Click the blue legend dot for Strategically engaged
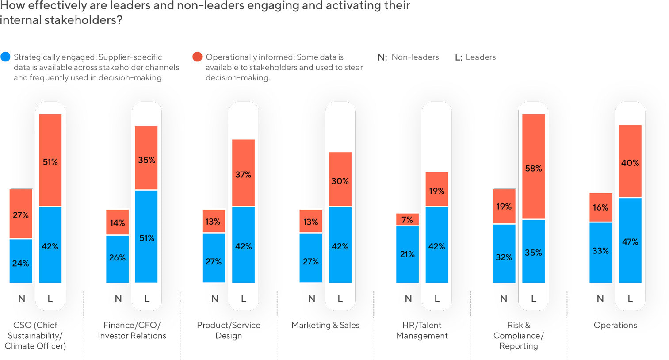click(x=6, y=57)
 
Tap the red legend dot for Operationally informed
click(x=197, y=57)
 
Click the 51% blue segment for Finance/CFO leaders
click(x=146, y=236)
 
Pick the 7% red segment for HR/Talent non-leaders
click(x=407, y=219)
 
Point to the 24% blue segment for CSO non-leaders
click(x=21, y=261)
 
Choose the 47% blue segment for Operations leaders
click(x=630, y=240)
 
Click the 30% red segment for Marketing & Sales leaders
click(x=340, y=179)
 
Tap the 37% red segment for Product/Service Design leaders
click(x=243, y=173)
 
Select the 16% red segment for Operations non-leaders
click(x=600, y=207)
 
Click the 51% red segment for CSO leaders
click(x=50, y=160)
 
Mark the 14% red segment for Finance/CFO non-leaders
click(x=118, y=222)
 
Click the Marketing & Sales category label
click(x=325, y=325)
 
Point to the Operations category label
click(x=615, y=325)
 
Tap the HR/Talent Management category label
click(x=422, y=330)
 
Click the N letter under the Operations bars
click(x=600, y=299)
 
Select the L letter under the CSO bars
click(x=50, y=299)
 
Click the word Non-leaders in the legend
click(x=415, y=57)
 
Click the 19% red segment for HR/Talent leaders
click(x=436, y=189)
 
